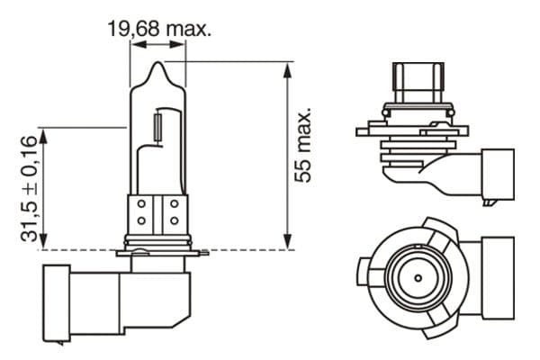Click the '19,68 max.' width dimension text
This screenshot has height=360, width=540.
[159, 30]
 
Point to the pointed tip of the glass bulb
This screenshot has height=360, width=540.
[158, 65]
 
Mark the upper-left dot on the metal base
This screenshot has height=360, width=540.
[141, 206]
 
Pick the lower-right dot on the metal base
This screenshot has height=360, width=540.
[174, 221]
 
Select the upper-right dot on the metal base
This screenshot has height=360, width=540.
[174, 206]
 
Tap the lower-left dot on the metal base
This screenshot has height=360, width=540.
[141, 221]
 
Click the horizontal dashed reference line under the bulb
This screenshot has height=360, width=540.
[225, 249]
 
